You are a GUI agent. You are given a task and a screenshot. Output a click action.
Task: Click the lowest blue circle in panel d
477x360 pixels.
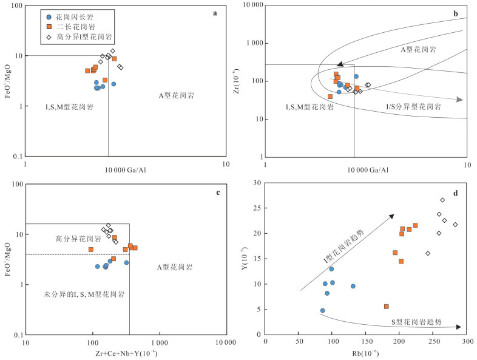pos(322,310)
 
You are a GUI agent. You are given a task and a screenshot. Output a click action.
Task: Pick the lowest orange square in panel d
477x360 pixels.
pos(386,307)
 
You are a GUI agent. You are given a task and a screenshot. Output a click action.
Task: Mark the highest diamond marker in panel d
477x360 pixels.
pos(442,200)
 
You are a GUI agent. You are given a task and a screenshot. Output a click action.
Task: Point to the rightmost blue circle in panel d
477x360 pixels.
pos(353,286)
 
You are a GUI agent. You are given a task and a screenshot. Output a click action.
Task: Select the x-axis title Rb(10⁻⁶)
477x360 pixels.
pos(367,354)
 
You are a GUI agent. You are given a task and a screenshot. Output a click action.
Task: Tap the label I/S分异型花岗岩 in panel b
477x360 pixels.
pos(414,106)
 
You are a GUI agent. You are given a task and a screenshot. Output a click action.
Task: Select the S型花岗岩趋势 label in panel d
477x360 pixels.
pos(416,321)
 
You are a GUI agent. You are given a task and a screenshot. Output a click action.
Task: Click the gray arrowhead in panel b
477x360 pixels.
pos(460,100)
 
